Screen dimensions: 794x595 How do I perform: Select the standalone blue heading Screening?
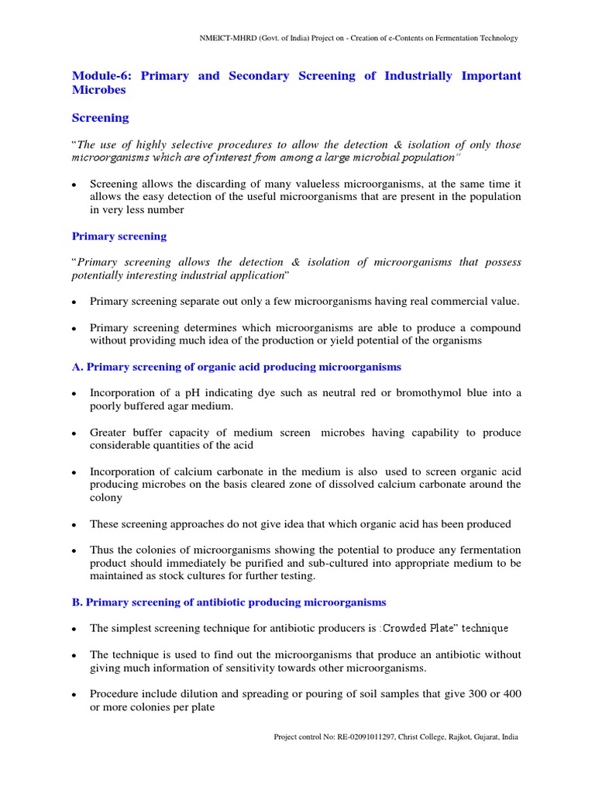pyautogui.click(x=100, y=119)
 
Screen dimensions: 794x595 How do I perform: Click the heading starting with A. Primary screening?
pyautogui.click(x=236, y=367)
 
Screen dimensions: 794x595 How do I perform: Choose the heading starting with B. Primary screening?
pyautogui.click(x=229, y=602)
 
